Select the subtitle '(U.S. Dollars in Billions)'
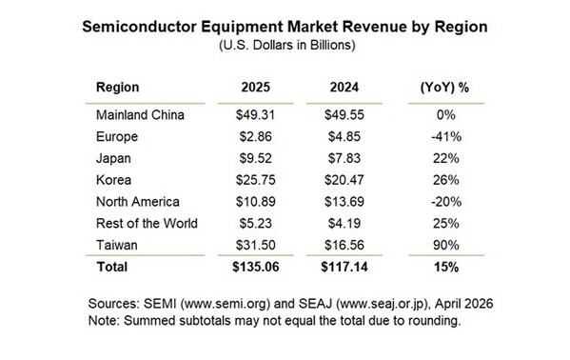pos(285,45)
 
